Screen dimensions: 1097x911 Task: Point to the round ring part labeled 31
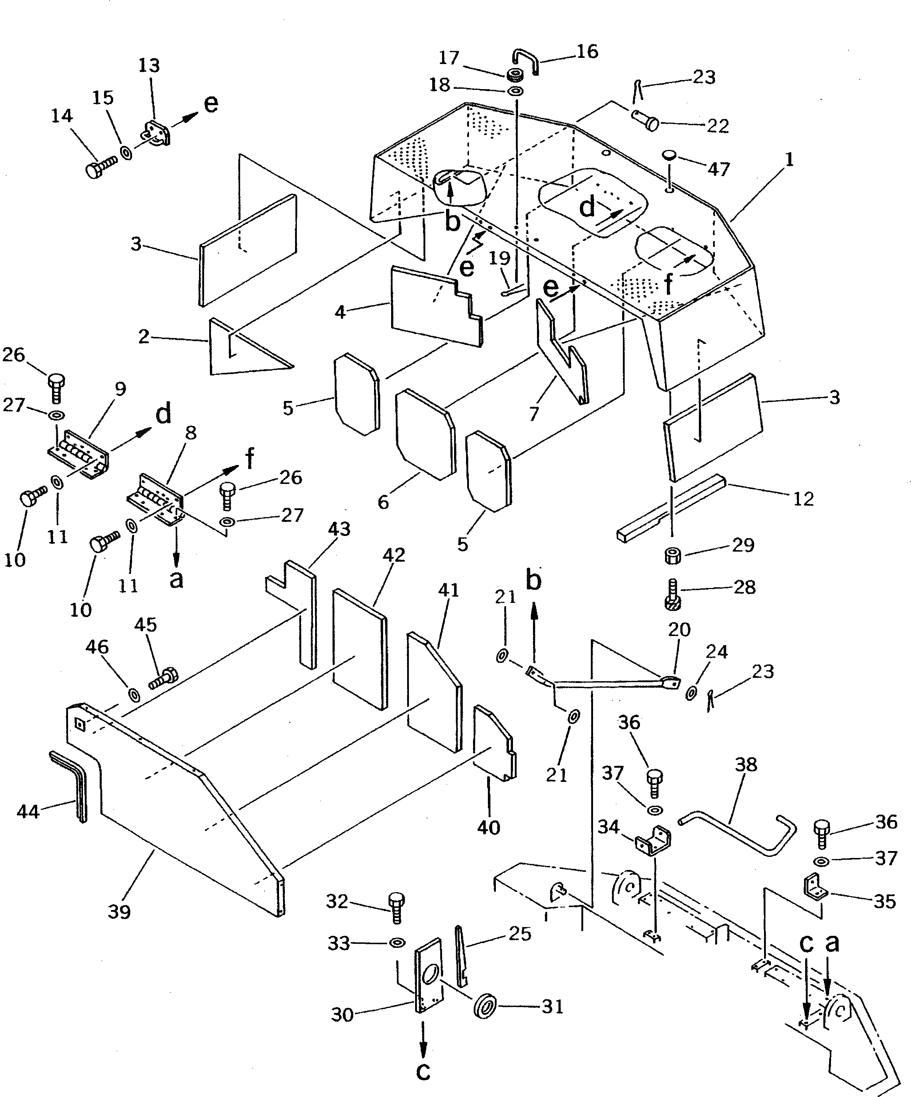[485, 1006]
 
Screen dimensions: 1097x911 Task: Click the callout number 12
[803, 499]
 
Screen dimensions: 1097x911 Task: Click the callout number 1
[789, 159]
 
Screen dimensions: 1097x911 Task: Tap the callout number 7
[533, 413]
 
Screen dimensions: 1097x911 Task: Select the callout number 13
[149, 66]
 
